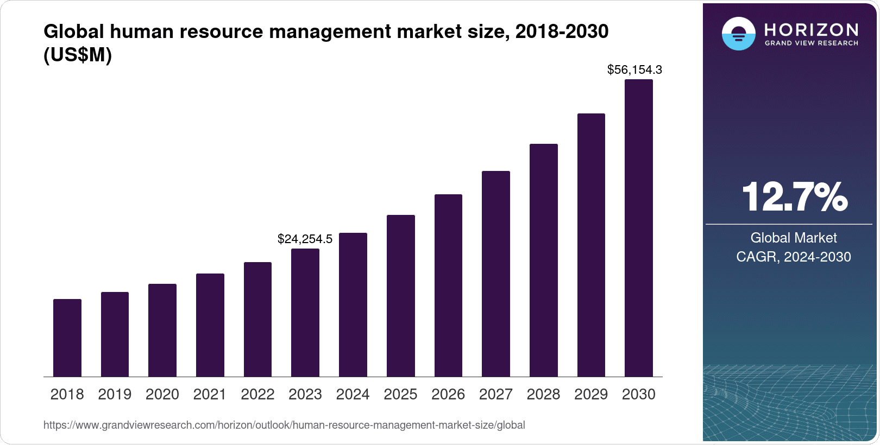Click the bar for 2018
67,338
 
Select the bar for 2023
305,313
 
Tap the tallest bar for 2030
639,228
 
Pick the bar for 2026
448,285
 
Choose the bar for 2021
210,325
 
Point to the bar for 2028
544,260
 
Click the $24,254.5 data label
305,239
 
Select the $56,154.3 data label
634,69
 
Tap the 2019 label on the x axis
115,395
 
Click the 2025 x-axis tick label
400,395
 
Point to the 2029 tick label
591,395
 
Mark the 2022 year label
257,395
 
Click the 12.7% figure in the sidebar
794,196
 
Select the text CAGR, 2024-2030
793,257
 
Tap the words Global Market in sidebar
793,238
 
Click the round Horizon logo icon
738,34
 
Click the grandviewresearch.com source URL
284,425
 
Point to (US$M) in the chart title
78,55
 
